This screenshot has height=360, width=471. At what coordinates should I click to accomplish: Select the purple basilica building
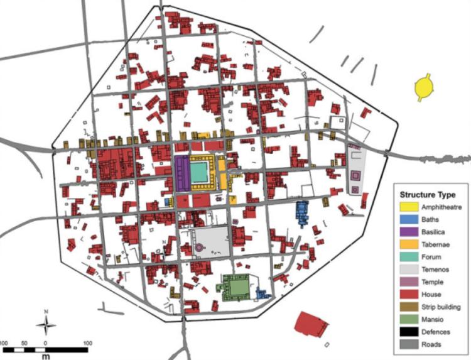coord(181,174)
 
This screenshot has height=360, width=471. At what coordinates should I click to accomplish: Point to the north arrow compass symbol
coord(46,323)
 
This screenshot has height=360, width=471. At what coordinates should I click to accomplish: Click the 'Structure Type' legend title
coord(430,194)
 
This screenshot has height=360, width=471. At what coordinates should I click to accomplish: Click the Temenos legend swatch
coord(409,270)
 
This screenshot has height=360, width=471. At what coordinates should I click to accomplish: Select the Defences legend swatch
coord(409,332)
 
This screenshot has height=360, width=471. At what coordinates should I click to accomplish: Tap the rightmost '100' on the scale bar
coord(87,343)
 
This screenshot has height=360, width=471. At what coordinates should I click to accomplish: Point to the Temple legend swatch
coord(409,282)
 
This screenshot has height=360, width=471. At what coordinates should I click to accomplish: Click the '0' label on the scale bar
coord(45,343)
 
